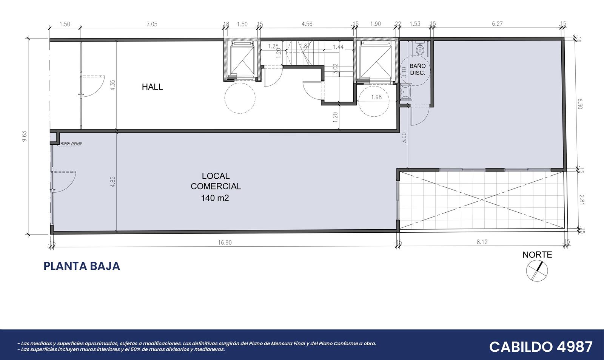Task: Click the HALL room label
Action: coord(153,87)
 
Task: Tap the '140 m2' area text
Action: coord(215,198)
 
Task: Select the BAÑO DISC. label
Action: coord(418,70)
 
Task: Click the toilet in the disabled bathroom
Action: coord(419,49)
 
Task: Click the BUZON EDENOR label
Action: coord(71,144)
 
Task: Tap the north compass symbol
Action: coord(537,271)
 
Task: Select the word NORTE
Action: coord(537,255)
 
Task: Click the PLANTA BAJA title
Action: coord(82,266)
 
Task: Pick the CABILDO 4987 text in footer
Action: coord(541,347)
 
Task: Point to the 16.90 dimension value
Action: coord(225,243)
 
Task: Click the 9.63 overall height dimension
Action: coord(25,136)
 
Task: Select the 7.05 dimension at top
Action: coord(152,24)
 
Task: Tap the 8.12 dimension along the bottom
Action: coord(482,242)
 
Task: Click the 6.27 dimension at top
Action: coord(497,24)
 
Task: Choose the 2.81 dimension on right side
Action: coord(581,200)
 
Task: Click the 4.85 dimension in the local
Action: coord(113,182)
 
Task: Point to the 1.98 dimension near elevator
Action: coord(376,97)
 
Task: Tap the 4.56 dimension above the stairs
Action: coord(307,24)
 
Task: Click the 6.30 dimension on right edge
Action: coord(580,104)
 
